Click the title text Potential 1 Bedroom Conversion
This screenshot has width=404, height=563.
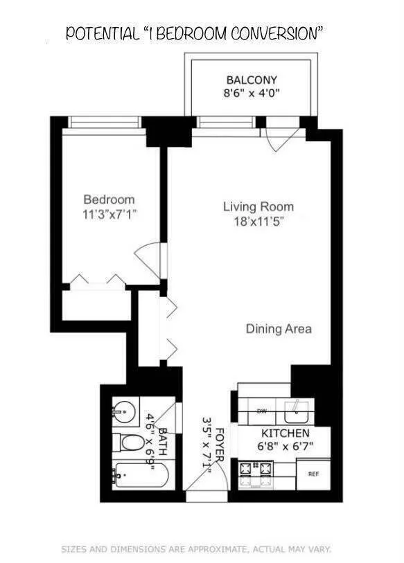coord(195,34)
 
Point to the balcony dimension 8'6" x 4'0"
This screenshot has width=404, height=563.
coord(252,93)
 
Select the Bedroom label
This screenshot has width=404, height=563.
coord(109,199)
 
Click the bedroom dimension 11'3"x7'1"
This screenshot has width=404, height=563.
coord(109,214)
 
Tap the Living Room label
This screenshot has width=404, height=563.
coord(258,206)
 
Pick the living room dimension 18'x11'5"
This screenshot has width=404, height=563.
coord(258,221)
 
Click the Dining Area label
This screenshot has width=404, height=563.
coord(279,329)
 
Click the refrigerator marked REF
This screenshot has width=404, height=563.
coord(313,475)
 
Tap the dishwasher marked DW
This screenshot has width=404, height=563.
coord(261,411)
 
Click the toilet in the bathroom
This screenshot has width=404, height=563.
coord(126,443)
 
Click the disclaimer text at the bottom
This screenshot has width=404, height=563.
coord(197,549)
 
